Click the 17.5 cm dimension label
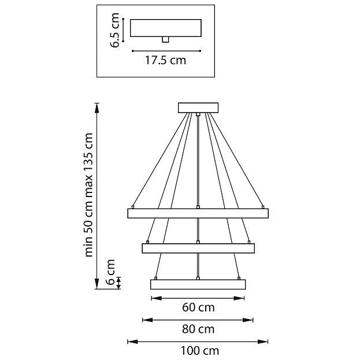pos(165,60)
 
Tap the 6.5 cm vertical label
pos(116,31)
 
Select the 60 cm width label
pos(198,307)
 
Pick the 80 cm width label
pos(198,329)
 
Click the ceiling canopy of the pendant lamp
pos(198,107)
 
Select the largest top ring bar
pos(198,213)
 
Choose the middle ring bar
pos(198,248)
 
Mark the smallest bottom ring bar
pos(198,284)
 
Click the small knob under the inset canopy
pos(165,39)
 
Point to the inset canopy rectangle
pos(165,28)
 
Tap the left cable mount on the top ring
pos(133,206)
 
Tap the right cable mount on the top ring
pos(263,206)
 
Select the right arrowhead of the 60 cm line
pos(243,298)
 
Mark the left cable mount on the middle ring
pos(148,242)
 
